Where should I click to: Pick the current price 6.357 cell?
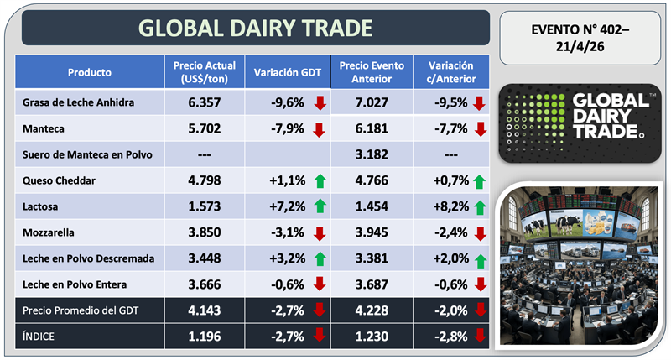[x=203, y=103]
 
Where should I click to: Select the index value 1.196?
[x=203, y=338]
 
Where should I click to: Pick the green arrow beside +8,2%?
[x=479, y=207]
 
